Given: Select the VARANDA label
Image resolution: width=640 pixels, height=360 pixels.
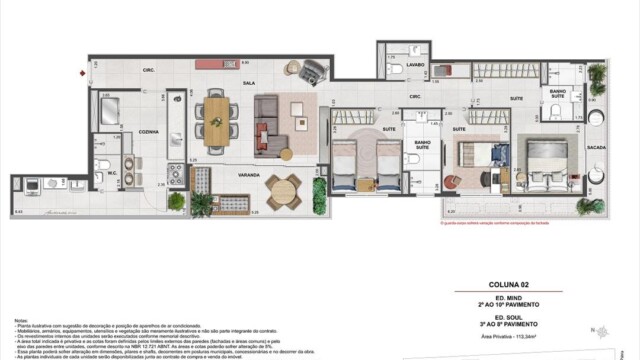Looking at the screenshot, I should [235, 172].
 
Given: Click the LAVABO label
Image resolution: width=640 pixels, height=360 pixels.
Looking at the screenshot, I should [415, 64].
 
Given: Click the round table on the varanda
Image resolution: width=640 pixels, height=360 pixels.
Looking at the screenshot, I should [283, 187].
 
